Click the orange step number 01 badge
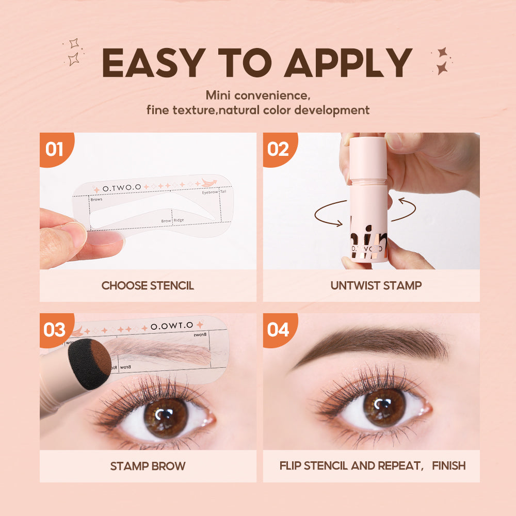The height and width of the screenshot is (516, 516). tap(55, 149)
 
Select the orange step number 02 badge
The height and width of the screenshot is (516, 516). tap(278, 149)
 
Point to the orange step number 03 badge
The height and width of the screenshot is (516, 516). tap(55, 329)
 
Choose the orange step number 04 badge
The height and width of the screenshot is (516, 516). tap(278, 329)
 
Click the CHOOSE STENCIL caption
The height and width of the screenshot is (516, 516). tap(148, 285)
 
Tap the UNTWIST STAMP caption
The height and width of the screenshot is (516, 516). tap(371, 285)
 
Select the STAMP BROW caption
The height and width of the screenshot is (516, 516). tap(148, 466)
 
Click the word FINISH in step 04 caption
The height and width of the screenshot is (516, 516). tap(448, 466)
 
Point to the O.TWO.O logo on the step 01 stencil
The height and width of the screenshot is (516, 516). tap(121, 189)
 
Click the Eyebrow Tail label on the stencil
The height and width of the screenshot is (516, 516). tap(214, 192)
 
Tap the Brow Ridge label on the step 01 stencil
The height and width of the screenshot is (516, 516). tap(172, 220)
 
